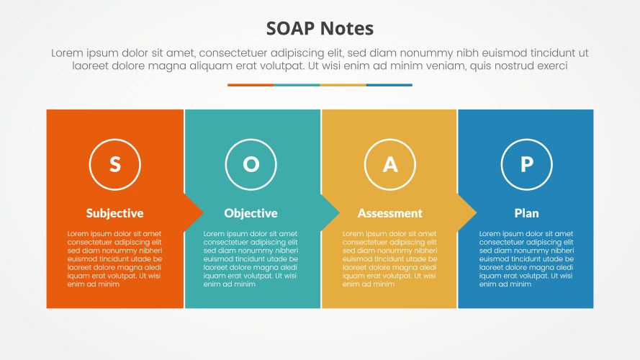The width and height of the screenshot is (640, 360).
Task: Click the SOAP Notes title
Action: tap(320, 29)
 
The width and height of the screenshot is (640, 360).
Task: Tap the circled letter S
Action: tap(114, 164)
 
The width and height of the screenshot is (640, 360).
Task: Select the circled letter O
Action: tap(251, 164)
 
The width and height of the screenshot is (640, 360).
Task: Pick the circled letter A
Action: tap(389, 164)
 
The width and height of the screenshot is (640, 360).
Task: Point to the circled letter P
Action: tap(526, 164)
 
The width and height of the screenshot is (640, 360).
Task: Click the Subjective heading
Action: tap(114, 213)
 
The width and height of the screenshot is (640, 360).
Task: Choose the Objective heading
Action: tap(251, 213)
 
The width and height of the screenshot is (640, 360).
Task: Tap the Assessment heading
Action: tap(389, 213)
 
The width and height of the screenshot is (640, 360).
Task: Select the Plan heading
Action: tap(526, 213)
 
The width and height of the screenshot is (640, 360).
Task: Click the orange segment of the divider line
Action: tap(251, 85)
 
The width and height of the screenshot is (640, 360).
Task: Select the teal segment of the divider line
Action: tap(297, 85)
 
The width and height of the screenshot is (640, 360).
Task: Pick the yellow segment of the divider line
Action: tap(343, 85)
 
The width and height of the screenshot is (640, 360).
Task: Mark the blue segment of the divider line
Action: tap(389, 85)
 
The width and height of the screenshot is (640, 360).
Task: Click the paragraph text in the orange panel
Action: tap(114, 258)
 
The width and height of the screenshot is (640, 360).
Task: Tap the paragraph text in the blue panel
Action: tap(526, 258)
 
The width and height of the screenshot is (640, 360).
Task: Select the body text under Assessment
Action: tap(389, 258)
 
